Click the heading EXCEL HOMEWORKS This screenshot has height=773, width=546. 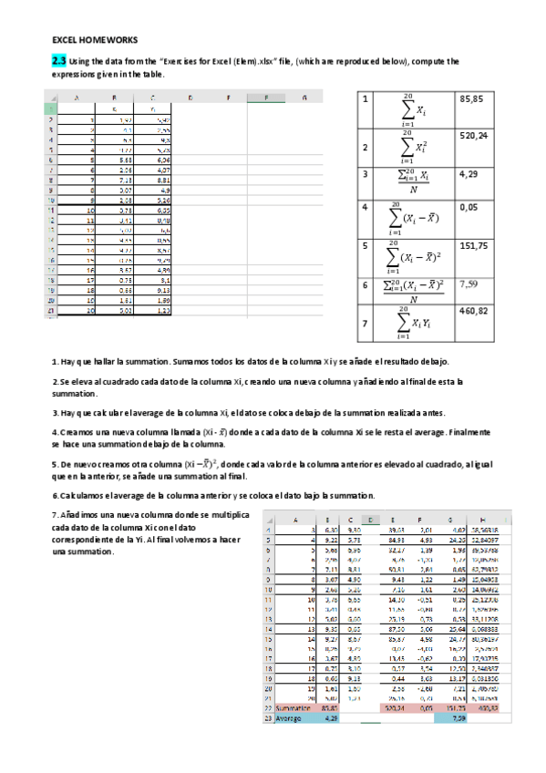click(x=95, y=41)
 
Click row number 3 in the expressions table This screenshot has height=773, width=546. click(x=365, y=173)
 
